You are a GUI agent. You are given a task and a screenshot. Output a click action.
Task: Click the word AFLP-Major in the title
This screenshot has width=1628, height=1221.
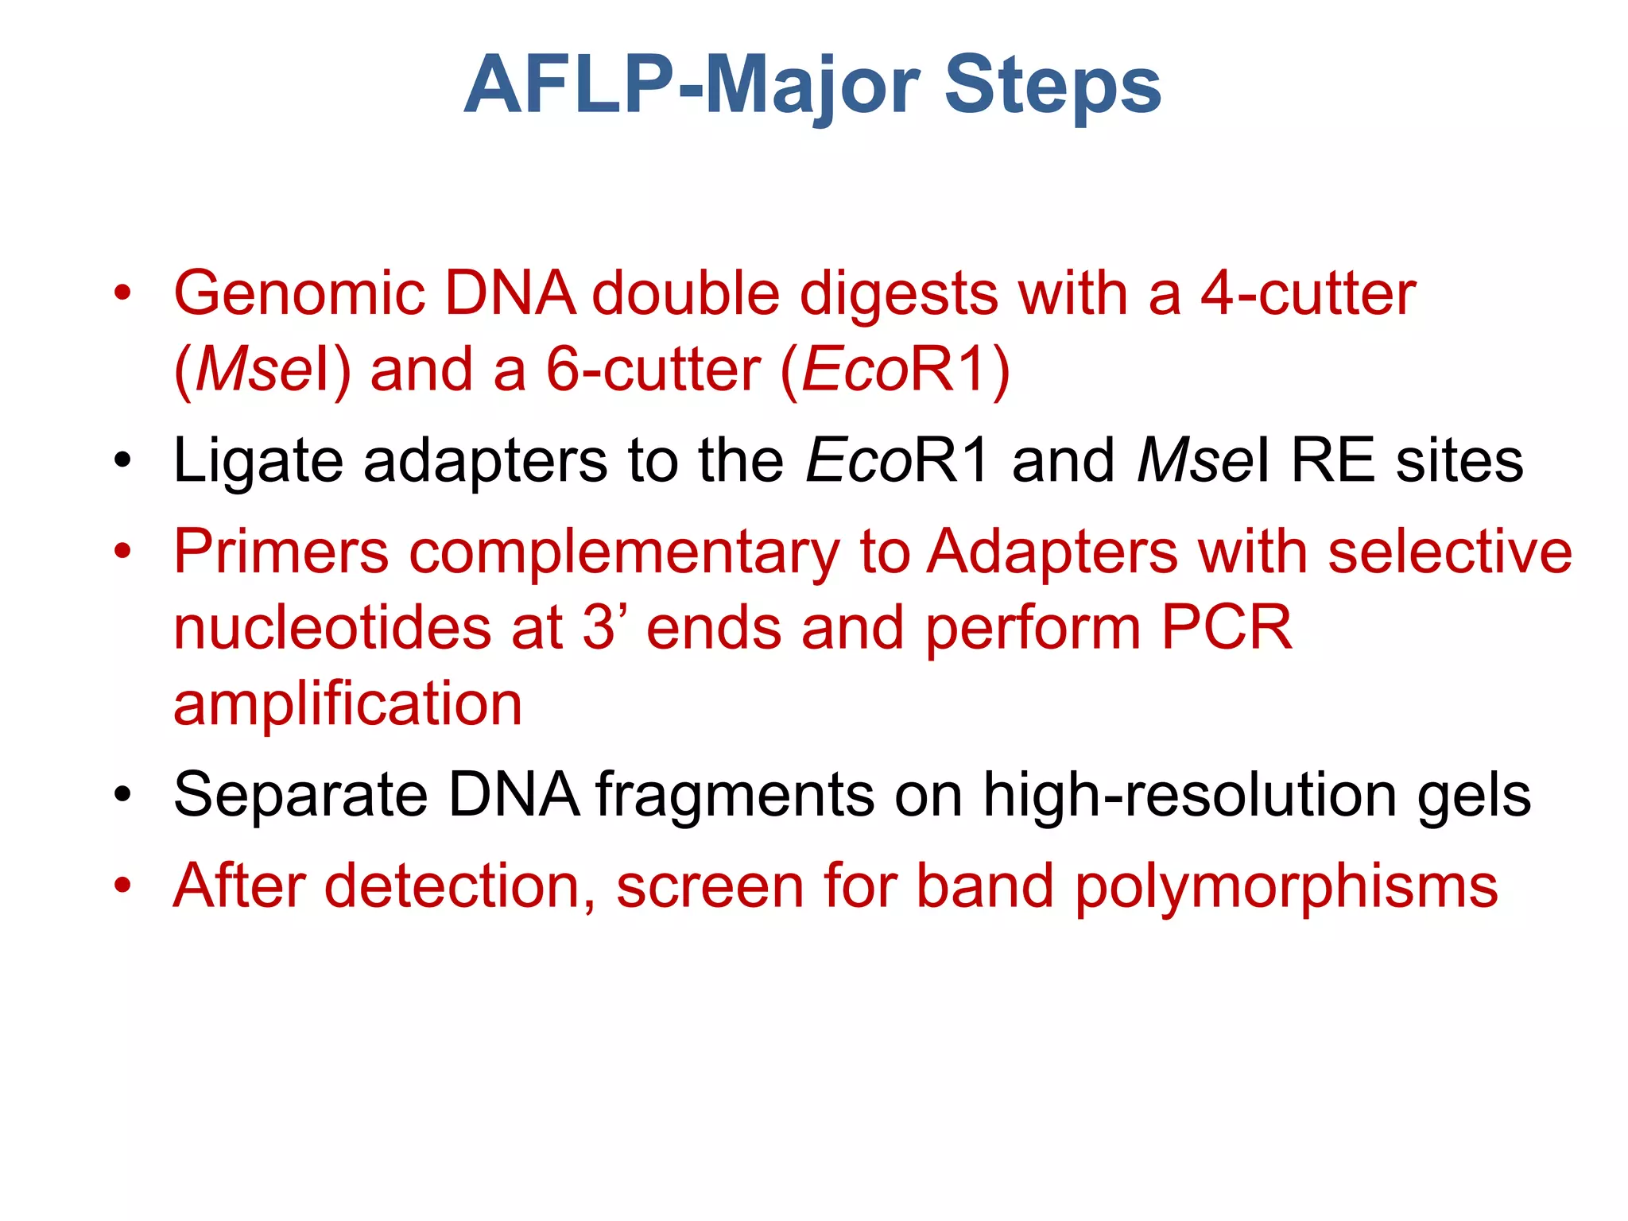692,86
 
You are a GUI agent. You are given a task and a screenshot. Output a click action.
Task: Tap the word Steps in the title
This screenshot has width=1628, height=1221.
1052,86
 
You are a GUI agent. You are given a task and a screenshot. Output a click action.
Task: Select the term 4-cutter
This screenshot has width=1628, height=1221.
1308,294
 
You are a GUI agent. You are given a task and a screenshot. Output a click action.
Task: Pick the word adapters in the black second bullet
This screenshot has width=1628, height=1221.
485,462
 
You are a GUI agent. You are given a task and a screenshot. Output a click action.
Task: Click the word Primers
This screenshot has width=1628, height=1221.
281,552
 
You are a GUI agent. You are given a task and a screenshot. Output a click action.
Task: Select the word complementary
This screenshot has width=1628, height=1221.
624,552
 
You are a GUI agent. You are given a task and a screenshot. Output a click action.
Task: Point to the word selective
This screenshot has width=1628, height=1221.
1450,552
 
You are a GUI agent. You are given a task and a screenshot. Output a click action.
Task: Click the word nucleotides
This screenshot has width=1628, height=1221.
332,628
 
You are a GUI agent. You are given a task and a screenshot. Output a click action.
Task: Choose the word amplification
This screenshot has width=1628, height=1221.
347,704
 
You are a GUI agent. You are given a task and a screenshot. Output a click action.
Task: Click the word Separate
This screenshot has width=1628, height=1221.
300,795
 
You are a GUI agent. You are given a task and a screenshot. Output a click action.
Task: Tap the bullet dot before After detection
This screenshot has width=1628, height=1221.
122,886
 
